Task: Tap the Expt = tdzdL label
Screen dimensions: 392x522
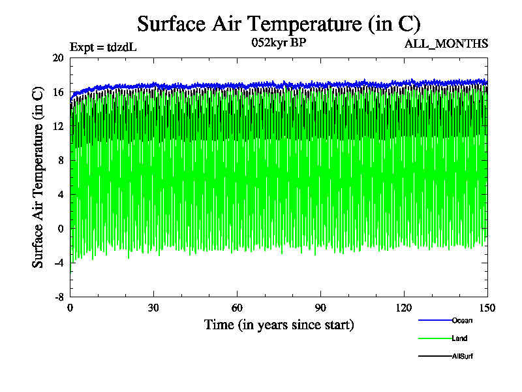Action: [x=103, y=47]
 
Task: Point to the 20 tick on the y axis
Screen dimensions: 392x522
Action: [x=57, y=58]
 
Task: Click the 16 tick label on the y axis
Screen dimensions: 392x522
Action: [x=57, y=92]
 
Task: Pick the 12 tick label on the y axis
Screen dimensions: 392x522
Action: [x=57, y=126]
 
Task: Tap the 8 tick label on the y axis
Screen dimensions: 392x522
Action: [x=60, y=160]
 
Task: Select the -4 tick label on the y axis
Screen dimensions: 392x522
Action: [x=57, y=262]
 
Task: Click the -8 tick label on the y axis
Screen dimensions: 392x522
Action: [x=57, y=296]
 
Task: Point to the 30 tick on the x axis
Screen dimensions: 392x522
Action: [x=153, y=308]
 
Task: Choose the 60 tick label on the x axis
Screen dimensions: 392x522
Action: [x=237, y=308]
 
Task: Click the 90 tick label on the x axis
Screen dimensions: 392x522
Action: [x=320, y=308]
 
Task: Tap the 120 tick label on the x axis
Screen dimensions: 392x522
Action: [x=404, y=308]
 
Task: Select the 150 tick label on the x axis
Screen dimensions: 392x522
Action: [x=487, y=308]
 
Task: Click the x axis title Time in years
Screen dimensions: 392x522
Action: [x=279, y=325]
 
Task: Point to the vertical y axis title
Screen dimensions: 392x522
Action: [x=38, y=177]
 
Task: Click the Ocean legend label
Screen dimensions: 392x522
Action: [x=462, y=320]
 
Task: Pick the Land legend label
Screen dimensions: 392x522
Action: [x=459, y=338]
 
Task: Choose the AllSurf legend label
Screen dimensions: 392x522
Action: [x=463, y=356]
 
